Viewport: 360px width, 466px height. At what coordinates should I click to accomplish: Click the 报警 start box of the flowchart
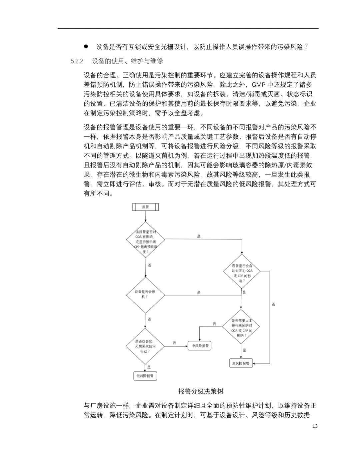click(145, 207)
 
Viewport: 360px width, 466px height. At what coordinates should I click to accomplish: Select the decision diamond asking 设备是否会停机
click(145, 295)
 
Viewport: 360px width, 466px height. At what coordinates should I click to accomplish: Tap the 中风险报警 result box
click(199, 346)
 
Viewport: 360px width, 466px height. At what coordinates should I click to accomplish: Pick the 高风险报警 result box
click(241, 363)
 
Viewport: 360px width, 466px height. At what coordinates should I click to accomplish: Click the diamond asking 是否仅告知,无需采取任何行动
click(145, 346)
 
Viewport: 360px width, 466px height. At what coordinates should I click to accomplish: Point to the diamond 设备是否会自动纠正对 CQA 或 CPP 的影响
click(242, 271)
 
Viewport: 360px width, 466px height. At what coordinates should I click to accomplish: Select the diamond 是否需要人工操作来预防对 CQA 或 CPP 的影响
click(241, 327)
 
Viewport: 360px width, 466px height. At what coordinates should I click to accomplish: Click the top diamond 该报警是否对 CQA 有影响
click(145, 240)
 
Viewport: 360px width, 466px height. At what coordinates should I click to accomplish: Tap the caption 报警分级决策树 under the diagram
click(201, 391)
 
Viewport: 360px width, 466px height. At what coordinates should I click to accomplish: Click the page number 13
click(315, 426)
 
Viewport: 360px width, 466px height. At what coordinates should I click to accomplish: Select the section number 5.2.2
click(77, 61)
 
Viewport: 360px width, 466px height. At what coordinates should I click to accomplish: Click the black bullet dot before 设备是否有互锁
click(86, 46)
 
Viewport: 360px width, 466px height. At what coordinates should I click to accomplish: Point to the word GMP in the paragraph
click(258, 85)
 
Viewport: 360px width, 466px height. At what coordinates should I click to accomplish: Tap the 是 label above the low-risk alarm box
click(149, 367)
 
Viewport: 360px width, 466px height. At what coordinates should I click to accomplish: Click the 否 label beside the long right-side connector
click(273, 304)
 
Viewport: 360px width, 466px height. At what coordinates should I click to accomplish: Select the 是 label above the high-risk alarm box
click(245, 350)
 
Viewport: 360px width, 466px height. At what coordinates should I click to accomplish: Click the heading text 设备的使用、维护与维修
click(127, 61)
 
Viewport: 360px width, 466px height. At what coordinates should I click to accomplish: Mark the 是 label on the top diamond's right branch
click(199, 236)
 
